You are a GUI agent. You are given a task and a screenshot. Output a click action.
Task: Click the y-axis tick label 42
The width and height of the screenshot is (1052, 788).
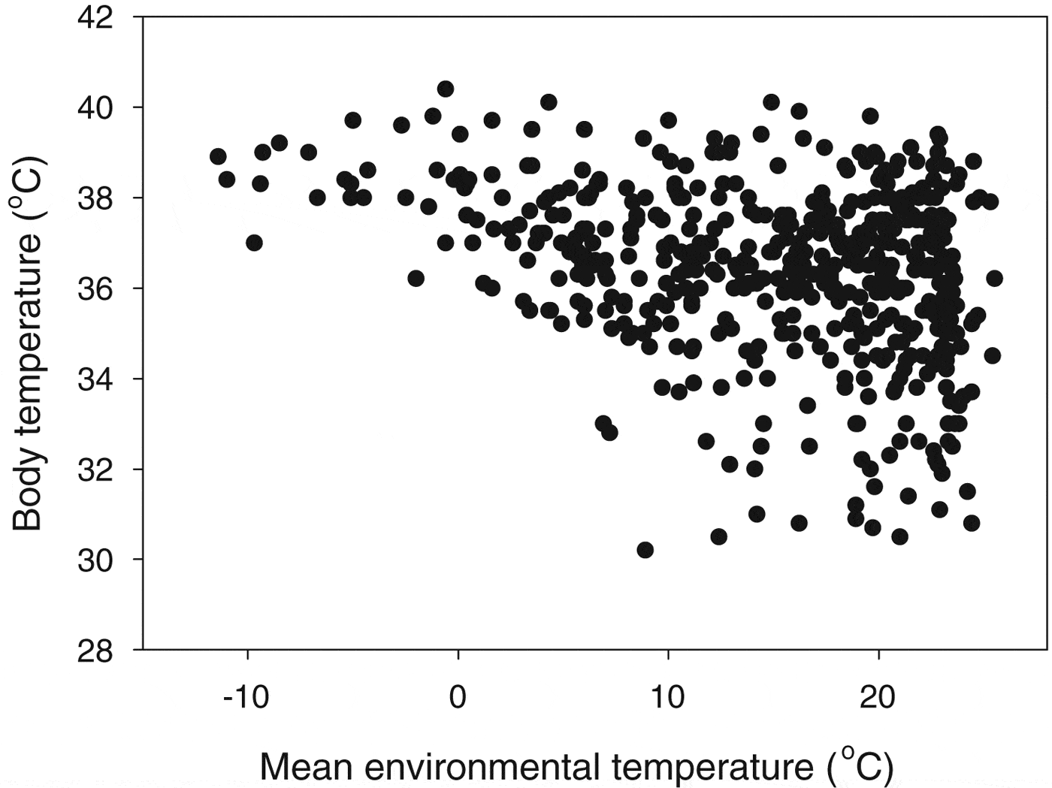pos(96,17)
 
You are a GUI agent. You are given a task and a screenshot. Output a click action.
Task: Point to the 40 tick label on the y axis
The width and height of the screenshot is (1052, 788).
pos(96,107)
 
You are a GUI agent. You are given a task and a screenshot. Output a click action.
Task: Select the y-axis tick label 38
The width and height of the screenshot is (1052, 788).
pos(96,198)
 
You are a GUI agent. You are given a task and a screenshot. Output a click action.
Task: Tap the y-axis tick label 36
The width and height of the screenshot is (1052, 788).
pos(96,288)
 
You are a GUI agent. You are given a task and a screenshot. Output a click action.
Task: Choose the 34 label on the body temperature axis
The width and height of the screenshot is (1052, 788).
pos(96,379)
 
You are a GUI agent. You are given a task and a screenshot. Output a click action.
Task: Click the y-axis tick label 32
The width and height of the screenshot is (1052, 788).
pos(96,469)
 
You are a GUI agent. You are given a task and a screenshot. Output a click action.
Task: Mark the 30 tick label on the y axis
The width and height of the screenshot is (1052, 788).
pos(96,560)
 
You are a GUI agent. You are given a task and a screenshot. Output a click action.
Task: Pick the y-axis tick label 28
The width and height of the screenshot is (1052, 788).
pos(96,651)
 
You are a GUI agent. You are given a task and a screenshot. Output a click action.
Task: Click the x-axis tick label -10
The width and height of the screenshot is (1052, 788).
pos(246,698)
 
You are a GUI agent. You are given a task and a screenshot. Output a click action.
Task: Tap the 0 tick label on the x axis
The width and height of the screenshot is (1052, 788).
pos(458,698)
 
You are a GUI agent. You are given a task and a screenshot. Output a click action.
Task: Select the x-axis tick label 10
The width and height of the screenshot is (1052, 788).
pos(667,698)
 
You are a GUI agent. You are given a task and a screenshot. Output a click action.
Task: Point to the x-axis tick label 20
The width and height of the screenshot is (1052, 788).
pos(878,698)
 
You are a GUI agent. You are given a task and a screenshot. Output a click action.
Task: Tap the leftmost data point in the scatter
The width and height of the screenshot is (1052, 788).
pos(218,156)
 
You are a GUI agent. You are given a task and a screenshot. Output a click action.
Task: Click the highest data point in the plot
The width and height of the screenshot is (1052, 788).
pos(446,89)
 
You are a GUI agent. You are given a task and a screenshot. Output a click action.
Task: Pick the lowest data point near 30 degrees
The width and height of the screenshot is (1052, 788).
pos(645,550)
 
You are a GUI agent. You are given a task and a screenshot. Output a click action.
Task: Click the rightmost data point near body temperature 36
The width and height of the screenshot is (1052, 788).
pos(994,278)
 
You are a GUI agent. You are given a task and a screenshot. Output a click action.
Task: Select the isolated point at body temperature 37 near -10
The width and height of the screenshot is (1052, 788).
pos(254,243)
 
